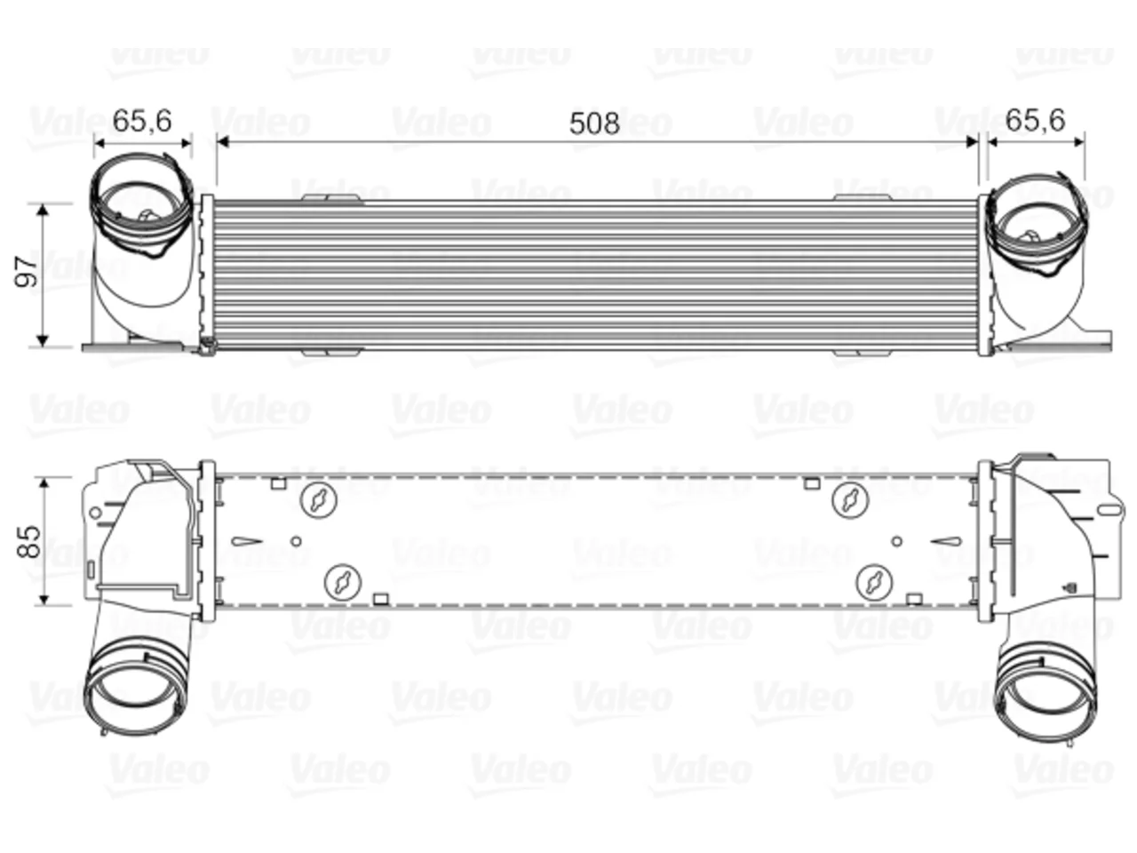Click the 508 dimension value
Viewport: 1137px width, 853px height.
[x=594, y=124]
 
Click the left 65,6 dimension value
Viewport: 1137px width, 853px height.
[x=142, y=121]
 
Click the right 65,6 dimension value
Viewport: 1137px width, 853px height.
[x=1036, y=121]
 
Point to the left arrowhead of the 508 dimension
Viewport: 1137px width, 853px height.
[x=223, y=141]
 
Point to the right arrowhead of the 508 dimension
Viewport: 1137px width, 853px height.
[x=972, y=141]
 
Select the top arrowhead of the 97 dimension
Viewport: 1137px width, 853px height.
[x=43, y=211]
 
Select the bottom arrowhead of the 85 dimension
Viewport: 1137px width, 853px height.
[x=44, y=599]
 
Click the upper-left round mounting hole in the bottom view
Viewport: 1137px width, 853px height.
[x=319, y=499]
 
